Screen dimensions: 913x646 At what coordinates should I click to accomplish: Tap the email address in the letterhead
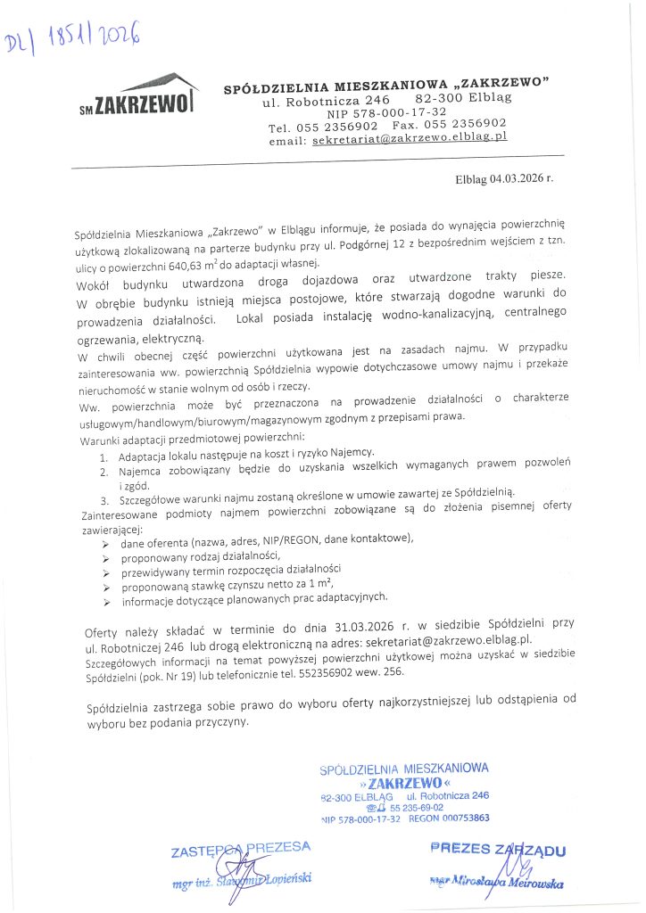coord(410,139)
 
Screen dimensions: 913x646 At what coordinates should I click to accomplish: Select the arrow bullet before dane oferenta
coord(106,543)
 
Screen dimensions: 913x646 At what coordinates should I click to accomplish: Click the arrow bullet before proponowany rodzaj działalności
coord(106,557)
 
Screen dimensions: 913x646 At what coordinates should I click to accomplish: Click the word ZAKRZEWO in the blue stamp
coord(404,783)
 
